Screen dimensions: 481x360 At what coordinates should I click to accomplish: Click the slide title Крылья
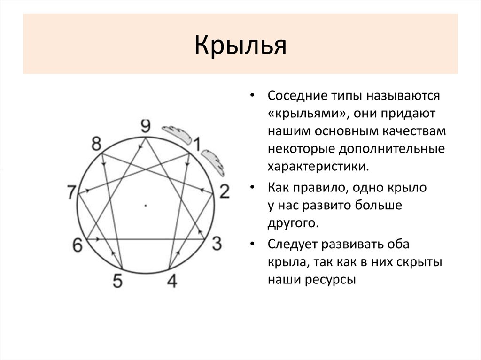click(240, 45)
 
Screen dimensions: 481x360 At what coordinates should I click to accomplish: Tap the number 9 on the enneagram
click(146, 126)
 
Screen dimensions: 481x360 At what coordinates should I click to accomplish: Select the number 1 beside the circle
click(197, 144)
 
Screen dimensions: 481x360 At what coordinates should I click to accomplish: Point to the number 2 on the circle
click(225, 191)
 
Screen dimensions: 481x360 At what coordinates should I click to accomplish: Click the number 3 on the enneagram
click(217, 244)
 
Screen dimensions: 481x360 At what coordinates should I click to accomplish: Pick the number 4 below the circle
click(172, 281)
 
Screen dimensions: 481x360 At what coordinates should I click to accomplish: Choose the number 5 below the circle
click(117, 281)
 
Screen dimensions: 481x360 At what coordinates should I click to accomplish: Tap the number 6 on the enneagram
click(78, 245)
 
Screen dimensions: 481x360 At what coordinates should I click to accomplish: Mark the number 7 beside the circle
click(71, 192)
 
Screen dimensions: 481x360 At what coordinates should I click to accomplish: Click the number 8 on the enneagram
click(96, 144)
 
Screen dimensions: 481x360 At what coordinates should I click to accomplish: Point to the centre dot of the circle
click(146, 206)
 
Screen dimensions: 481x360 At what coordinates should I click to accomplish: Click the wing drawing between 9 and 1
click(177, 135)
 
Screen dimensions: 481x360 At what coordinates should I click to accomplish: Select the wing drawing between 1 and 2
click(213, 162)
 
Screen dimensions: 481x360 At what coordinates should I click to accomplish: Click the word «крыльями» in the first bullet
click(308, 114)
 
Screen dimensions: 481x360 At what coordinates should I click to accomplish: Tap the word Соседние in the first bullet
click(297, 95)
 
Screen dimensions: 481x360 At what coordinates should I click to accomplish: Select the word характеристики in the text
click(318, 167)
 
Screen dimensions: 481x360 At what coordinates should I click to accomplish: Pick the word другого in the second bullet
click(293, 223)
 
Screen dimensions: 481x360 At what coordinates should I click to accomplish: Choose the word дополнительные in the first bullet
click(392, 149)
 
